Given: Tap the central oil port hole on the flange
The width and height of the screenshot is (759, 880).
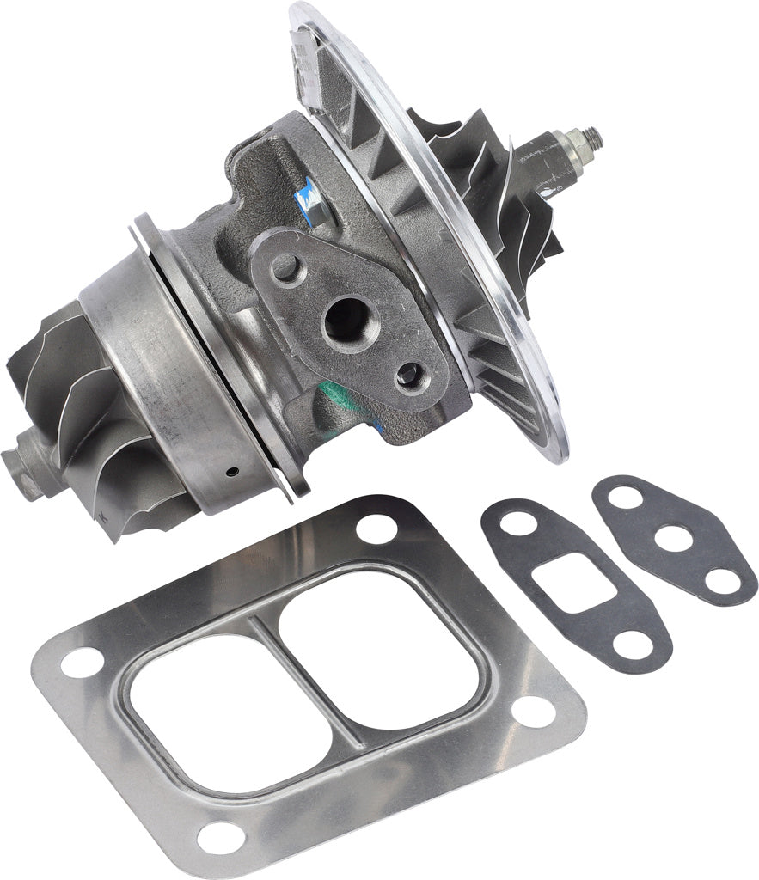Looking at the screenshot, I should tap(346, 319).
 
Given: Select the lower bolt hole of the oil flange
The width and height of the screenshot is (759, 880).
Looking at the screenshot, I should tap(410, 374).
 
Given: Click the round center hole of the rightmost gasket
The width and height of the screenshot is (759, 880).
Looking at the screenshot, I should tap(674, 538).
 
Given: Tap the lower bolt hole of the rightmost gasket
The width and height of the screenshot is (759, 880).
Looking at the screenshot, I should tap(723, 580).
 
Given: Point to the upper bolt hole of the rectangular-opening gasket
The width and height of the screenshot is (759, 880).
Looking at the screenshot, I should tap(519, 523).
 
